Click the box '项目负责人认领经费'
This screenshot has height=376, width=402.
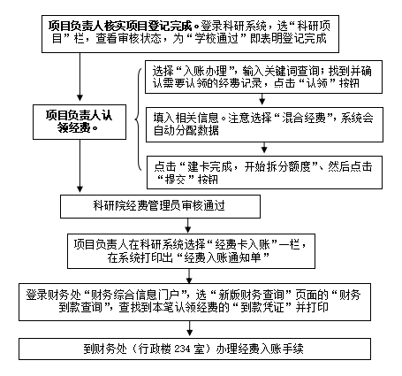(x=80, y=122)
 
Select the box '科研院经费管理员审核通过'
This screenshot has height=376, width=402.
(x=160, y=206)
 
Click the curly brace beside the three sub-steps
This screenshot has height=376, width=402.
(x=138, y=119)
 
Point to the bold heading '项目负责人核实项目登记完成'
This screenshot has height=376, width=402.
(x=120, y=26)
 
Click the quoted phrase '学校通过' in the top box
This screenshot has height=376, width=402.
(x=216, y=39)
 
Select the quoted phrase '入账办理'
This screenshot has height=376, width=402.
(x=205, y=71)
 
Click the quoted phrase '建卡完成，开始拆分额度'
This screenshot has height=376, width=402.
(x=250, y=166)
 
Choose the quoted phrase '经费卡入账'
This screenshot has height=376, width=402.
(x=242, y=244)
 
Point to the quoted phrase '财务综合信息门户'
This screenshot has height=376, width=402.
(x=135, y=295)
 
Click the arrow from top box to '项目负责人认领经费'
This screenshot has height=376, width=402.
(x=80, y=77)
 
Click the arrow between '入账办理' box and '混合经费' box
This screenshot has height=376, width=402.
(x=262, y=99)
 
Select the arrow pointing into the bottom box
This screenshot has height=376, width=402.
(x=190, y=328)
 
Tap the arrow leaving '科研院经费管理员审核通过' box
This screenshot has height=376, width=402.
(x=188, y=226)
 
